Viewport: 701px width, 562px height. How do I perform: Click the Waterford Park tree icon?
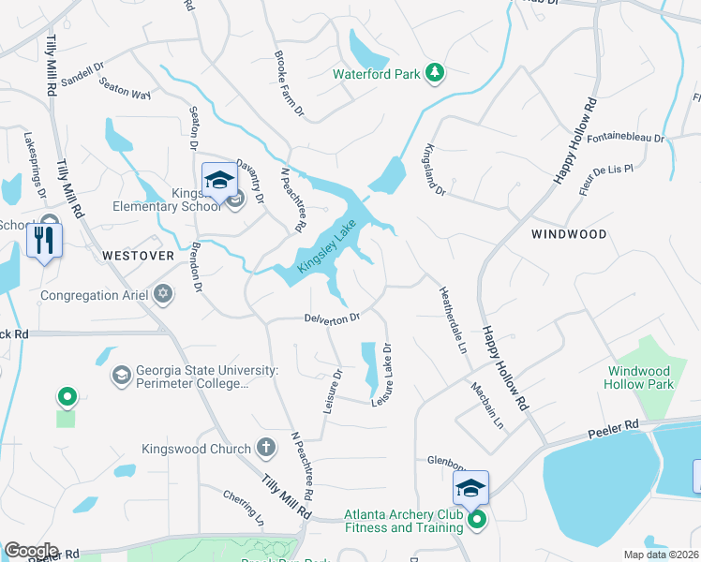click(434, 72)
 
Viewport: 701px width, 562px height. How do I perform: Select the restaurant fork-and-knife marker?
click(44, 241)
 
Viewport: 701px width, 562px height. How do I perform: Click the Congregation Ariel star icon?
click(164, 295)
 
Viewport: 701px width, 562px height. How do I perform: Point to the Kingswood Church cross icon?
click(266, 448)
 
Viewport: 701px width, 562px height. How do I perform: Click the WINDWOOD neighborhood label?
click(569, 234)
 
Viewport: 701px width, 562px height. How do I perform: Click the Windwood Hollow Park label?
click(640, 377)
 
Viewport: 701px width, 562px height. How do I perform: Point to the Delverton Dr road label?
click(332, 318)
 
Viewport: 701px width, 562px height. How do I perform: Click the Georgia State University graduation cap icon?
click(121, 377)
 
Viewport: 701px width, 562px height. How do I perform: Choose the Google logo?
click(31, 551)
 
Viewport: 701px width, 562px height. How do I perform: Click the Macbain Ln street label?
click(487, 404)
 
